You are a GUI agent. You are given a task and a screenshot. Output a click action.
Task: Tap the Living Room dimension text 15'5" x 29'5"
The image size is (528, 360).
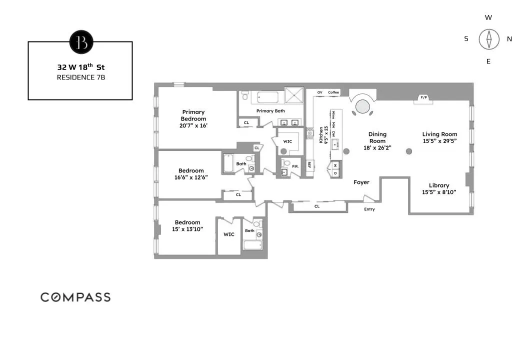[x=439, y=141]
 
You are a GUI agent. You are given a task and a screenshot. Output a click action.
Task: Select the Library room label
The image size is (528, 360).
[x=439, y=185]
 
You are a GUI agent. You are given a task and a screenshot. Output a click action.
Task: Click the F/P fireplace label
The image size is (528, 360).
[x=423, y=97]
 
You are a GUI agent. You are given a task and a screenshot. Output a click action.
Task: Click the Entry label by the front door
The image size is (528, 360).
[x=369, y=209]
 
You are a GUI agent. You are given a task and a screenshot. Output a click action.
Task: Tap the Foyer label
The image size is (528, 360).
[x=361, y=182]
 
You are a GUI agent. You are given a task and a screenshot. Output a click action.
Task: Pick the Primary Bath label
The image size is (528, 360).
[x=270, y=111]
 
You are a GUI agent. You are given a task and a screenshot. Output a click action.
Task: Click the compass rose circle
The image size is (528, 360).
[x=488, y=39]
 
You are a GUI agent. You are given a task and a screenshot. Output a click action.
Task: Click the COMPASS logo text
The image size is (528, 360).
[x=75, y=297]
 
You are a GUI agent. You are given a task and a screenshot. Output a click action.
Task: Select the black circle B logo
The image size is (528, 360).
[x=81, y=42]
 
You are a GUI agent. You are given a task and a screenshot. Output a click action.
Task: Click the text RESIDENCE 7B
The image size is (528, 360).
[x=80, y=77]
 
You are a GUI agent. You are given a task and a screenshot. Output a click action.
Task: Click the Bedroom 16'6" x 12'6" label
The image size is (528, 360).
[x=191, y=174]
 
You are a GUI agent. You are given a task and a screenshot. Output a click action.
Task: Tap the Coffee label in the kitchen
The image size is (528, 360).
[x=333, y=92]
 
